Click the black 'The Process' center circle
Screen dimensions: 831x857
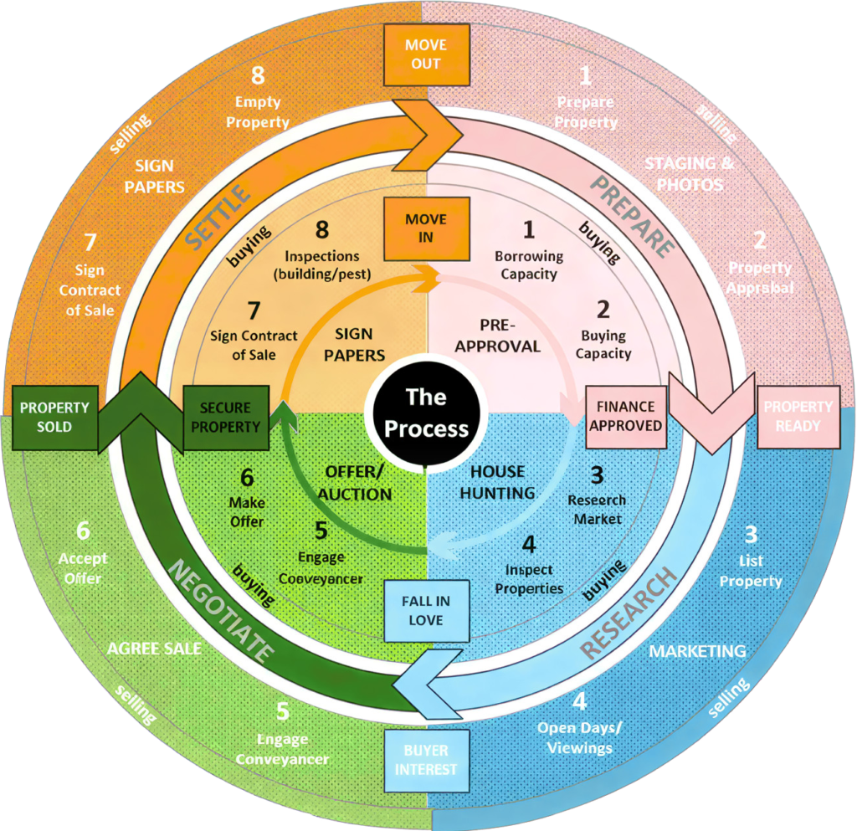426,413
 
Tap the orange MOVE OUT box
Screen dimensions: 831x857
425,54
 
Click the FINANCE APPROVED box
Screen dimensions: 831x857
625,416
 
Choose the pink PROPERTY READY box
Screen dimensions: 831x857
798,416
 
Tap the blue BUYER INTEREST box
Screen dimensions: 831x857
426,760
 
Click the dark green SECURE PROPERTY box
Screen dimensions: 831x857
225,417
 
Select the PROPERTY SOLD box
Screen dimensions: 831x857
54,417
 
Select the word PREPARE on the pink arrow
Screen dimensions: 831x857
634,215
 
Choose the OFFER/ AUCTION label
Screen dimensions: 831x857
354,482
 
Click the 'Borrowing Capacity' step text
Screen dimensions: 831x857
528,264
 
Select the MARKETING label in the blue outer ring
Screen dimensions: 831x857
698,650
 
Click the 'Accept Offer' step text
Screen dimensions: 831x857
80,568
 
